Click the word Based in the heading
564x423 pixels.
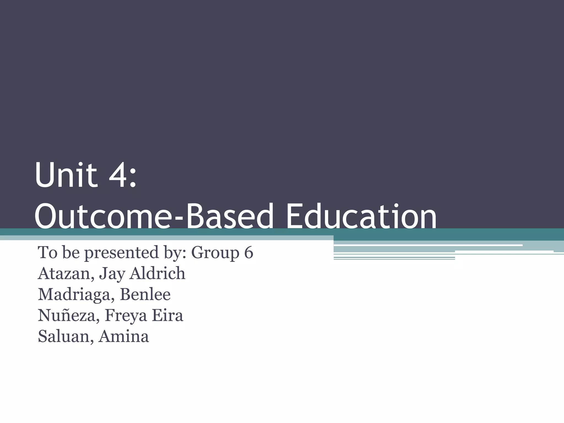pos(231,216)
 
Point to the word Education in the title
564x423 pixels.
pos(361,216)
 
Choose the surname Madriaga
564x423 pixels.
pos(76,295)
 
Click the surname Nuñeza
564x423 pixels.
pos(69,315)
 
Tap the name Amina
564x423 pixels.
pos(124,336)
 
